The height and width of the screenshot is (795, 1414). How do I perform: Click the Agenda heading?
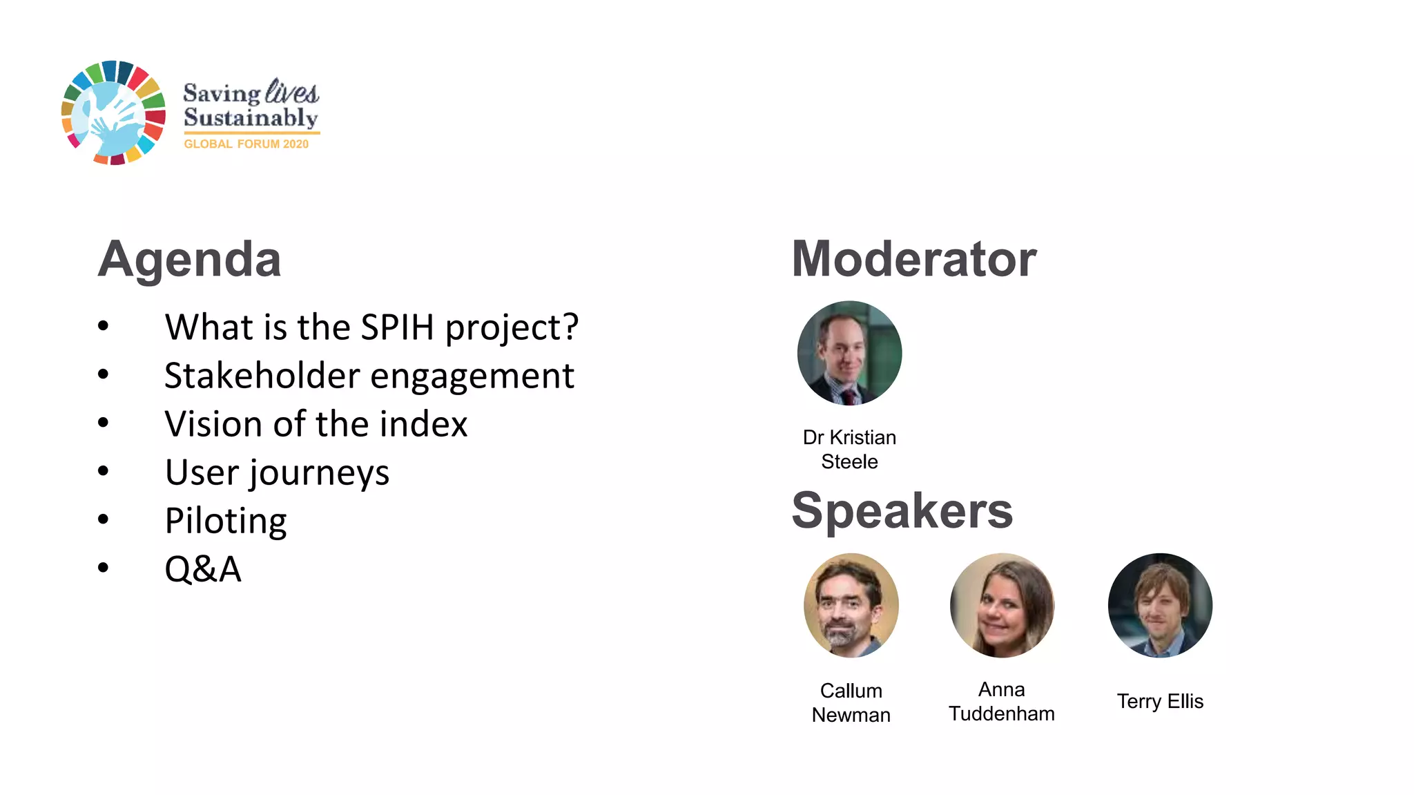189,260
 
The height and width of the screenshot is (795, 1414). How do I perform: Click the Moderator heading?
913,260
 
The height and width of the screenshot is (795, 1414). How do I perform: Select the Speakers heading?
902,511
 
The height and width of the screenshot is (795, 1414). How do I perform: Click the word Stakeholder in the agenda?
262,376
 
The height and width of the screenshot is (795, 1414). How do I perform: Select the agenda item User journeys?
277,473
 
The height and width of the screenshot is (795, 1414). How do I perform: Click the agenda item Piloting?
226,521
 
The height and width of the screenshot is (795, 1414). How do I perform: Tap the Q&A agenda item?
203,570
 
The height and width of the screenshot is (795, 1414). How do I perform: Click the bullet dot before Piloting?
104,519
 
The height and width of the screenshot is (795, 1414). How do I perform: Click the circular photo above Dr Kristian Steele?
849,353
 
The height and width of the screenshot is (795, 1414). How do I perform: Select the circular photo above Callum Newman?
851,605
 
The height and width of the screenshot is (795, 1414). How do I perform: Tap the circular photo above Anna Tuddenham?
1002,605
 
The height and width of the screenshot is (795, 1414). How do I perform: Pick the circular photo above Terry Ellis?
1160,605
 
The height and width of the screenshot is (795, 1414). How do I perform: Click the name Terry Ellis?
1160,701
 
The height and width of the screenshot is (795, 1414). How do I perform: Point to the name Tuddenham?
1001,713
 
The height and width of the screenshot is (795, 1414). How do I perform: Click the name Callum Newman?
851,702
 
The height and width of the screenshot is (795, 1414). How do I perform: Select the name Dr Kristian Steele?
849,449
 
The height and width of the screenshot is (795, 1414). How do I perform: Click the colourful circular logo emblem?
113,113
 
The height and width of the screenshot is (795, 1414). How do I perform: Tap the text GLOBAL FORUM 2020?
246,144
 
